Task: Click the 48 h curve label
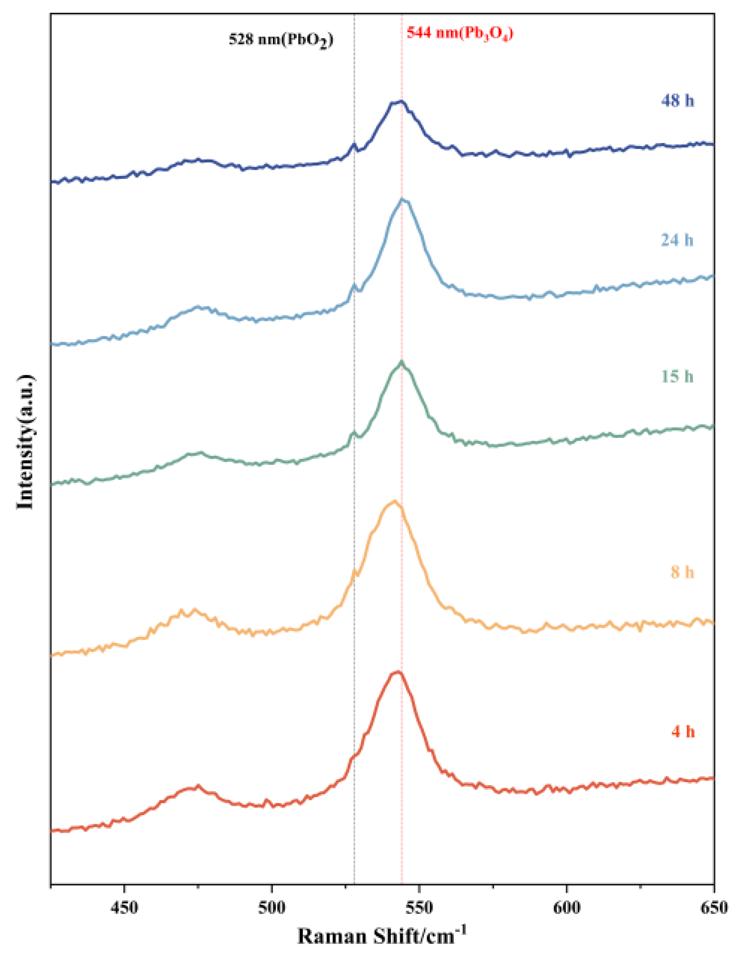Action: pyautogui.click(x=677, y=101)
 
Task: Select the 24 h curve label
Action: pyautogui.click(x=677, y=240)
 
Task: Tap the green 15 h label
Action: pyautogui.click(x=677, y=376)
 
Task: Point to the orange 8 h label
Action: pyautogui.click(x=682, y=572)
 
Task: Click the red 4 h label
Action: pyautogui.click(x=683, y=732)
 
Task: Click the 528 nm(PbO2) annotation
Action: pyautogui.click(x=281, y=40)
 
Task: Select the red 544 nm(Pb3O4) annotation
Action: pyautogui.click(x=459, y=33)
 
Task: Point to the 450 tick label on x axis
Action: pyautogui.click(x=125, y=907)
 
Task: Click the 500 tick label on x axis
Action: pyautogui.click(x=272, y=907)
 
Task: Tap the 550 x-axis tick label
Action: pyautogui.click(x=419, y=907)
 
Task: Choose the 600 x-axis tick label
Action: pyautogui.click(x=566, y=907)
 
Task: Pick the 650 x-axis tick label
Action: pyautogui.click(x=714, y=907)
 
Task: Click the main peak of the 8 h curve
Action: pyautogui.click(x=394, y=501)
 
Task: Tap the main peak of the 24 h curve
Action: pyautogui.click(x=402, y=200)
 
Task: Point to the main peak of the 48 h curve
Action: pyautogui.click(x=400, y=101)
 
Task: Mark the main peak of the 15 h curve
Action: pyautogui.click(x=401, y=362)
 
